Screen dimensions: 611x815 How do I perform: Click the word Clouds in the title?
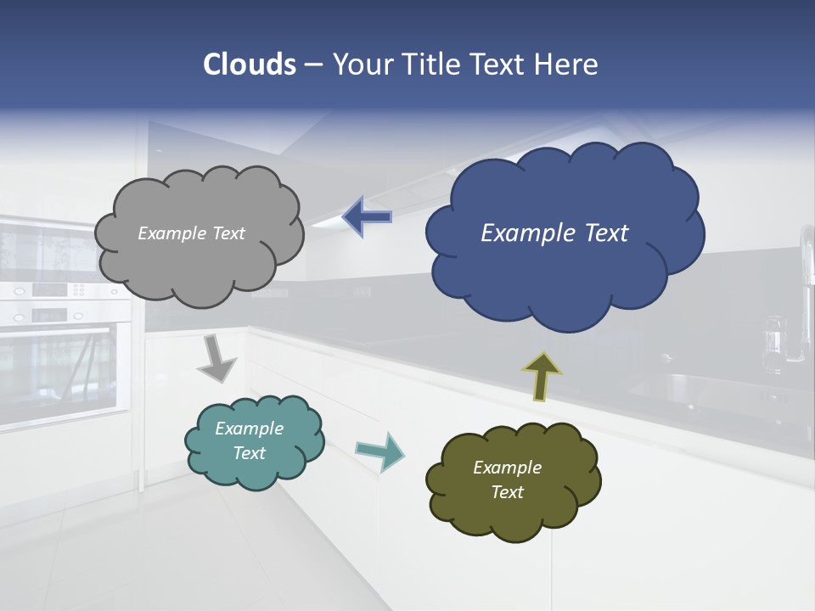(250, 64)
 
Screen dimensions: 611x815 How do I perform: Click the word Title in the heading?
(431, 64)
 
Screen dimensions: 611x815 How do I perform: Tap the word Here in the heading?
(568, 64)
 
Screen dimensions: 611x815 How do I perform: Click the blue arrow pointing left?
(367, 217)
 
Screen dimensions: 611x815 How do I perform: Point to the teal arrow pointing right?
(379, 451)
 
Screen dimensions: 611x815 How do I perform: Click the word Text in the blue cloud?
(607, 233)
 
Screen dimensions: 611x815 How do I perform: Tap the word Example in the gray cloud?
(171, 233)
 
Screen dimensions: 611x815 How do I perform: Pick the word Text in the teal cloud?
(250, 453)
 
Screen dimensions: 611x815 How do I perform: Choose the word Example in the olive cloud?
(507, 468)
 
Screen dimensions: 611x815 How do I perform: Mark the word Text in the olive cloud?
(507, 492)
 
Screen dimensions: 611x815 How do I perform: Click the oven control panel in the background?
(59, 290)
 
